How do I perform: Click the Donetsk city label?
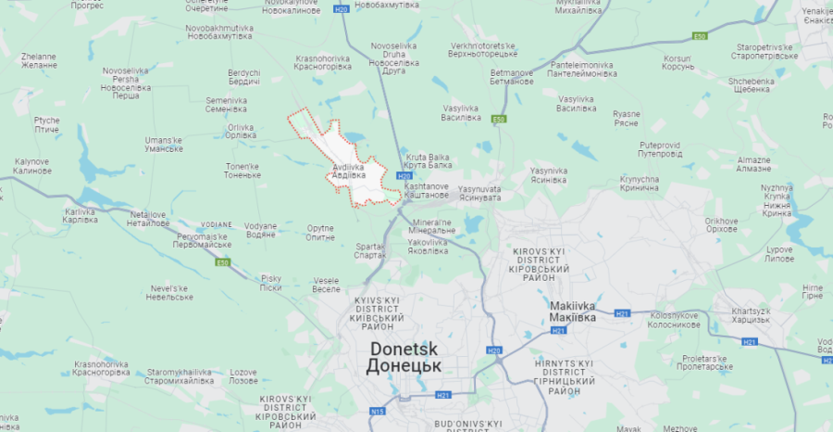(x=404, y=357)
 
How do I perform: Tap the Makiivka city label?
(x=571, y=312)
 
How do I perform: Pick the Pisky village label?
(x=271, y=283)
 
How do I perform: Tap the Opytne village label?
(x=320, y=232)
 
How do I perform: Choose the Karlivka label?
(x=80, y=216)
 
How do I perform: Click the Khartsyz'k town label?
(x=751, y=314)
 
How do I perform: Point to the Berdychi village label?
(x=244, y=77)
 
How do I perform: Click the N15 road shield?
(x=378, y=412)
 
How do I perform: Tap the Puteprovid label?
(x=660, y=149)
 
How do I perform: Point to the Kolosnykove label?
(x=666, y=320)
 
